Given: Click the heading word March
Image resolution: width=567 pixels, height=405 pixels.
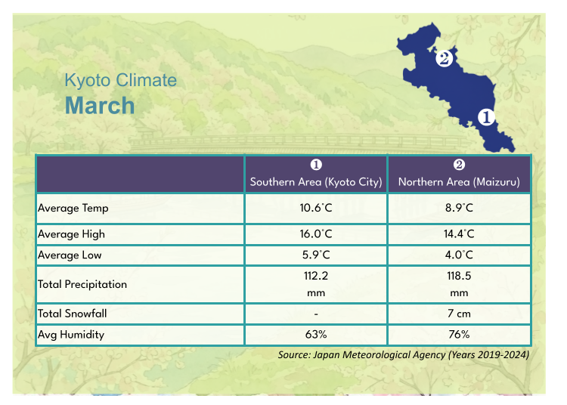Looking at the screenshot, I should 100,105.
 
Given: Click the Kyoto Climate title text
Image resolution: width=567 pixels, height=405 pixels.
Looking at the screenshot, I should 120,80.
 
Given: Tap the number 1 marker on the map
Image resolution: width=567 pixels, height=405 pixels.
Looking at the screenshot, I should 485,117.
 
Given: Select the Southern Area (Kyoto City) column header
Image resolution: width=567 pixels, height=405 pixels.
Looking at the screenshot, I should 316,182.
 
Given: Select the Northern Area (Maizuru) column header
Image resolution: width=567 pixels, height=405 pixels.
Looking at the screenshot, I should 459,182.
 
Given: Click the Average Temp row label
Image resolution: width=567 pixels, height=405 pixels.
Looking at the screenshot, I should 73,208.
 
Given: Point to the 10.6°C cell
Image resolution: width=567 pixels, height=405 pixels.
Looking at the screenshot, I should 316,208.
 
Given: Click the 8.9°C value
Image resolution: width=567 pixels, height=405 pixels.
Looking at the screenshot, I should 459,208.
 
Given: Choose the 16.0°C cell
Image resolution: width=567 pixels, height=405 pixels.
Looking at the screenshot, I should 316,235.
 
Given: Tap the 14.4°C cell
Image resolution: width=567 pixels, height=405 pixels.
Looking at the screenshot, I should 459,235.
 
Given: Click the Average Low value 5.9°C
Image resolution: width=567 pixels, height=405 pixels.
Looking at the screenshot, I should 316,255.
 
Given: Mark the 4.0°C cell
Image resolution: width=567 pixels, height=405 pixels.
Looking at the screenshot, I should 459,255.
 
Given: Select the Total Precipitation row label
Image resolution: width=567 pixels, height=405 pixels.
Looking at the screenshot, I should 82,285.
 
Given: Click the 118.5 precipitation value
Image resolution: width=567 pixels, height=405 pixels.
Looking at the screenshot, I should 459,277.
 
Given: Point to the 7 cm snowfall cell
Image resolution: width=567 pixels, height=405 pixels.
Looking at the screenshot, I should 459,314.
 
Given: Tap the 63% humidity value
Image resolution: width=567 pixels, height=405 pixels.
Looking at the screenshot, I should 316,334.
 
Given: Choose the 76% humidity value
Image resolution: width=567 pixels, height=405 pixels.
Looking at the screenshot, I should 459,334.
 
